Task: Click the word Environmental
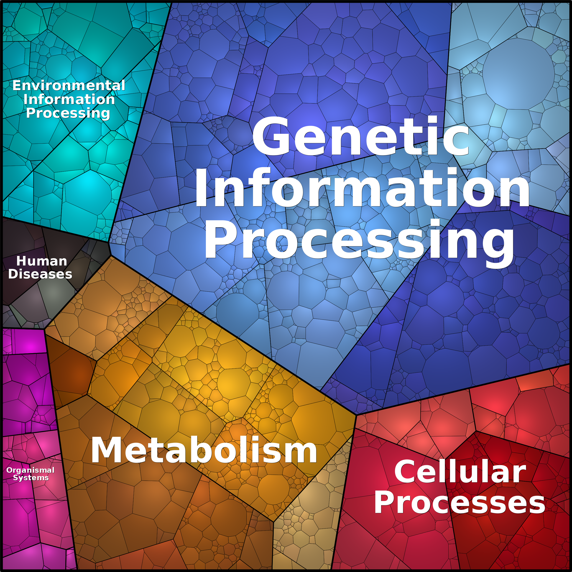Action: click(69, 86)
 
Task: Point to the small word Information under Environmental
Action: click(69, 99)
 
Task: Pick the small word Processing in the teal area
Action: click(68, 113)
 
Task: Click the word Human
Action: click(41, 261)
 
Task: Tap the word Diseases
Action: click(40, 274)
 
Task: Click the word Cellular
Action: click(460, 472)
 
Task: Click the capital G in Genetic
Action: click(270, 136)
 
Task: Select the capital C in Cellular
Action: click(406, 472)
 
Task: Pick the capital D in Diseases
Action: click(14, 274)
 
